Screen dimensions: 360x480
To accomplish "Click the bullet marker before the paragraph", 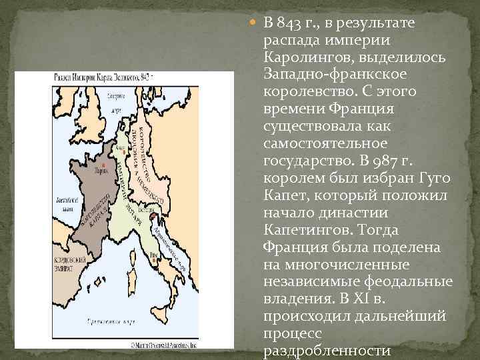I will point(255,25).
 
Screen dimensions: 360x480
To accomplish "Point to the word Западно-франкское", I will point(327,75).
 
